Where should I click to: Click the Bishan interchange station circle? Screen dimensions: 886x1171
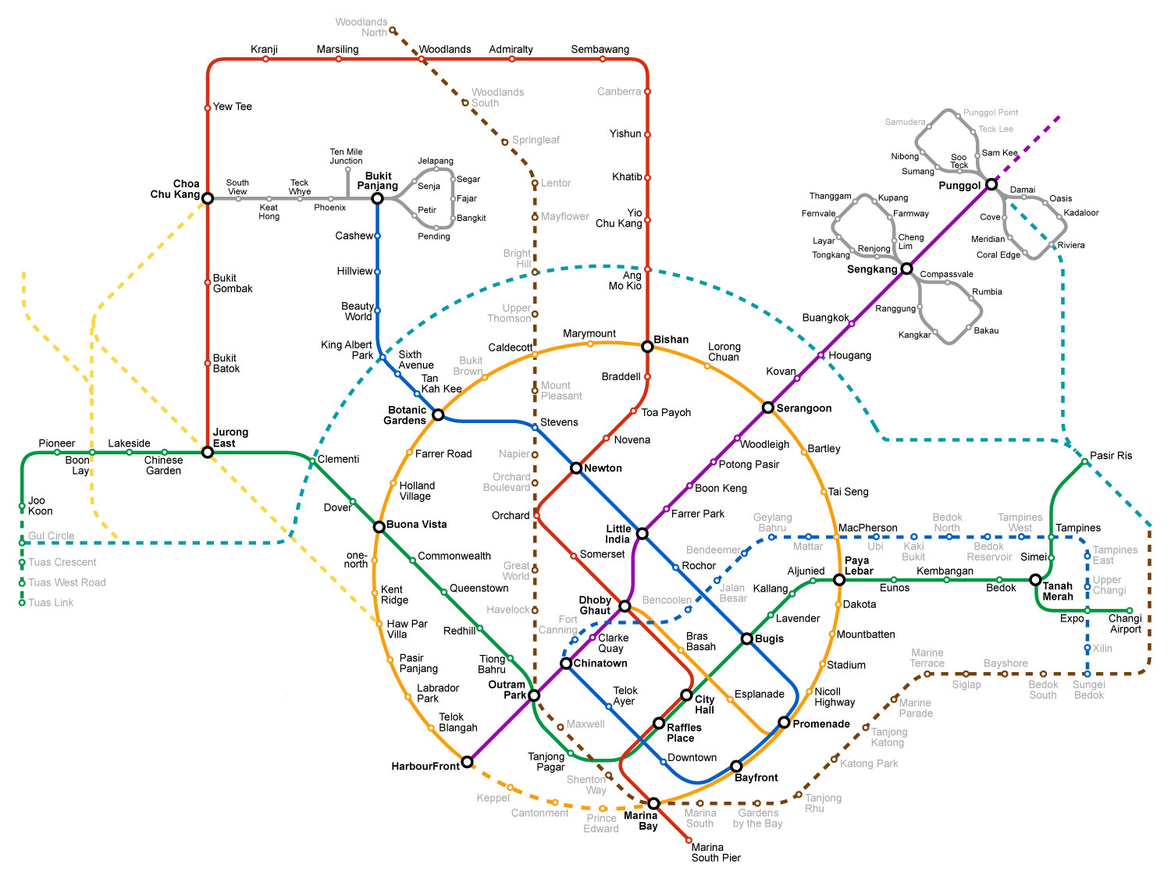pos(647,346)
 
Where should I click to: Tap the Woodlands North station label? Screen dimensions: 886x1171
pos(361,27)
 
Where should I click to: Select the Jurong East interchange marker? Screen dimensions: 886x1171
pos(208,452)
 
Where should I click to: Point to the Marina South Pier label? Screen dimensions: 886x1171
pos(715,852)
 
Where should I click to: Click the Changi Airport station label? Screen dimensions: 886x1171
pos(1125,624)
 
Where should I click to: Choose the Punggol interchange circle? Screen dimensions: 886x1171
pos(991,185)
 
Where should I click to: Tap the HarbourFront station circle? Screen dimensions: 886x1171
pos(467,762)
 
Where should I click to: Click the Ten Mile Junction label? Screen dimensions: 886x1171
pos(346,156)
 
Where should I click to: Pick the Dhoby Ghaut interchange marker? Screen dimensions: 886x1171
pos(625,606)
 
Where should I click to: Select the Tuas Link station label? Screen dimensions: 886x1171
pos(51,603)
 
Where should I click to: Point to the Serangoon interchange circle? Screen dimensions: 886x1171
pos(768,407)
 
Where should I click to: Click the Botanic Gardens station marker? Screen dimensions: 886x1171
pos(438,415)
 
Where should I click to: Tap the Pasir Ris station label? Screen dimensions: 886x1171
pos(1110,456)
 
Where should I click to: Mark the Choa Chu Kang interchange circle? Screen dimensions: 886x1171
pos(208,198)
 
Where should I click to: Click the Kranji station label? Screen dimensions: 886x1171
pos(264,49)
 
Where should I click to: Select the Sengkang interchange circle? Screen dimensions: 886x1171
pos(906,269)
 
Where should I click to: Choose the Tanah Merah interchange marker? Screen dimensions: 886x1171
pos(1035,580)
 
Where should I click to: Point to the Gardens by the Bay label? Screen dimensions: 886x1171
pos(757,818)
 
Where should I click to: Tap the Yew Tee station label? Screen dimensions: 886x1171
pos(232,106)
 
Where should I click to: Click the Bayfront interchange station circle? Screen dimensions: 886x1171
pos(736,766)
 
